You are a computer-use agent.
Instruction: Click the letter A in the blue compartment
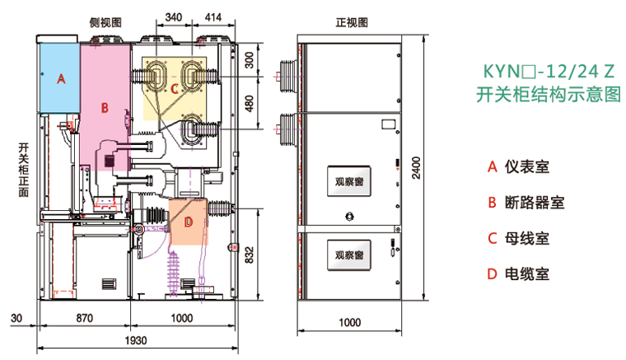coord(59,79)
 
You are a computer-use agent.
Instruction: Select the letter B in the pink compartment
coord(105,107)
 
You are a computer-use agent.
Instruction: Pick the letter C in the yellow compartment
coord(175,88)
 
